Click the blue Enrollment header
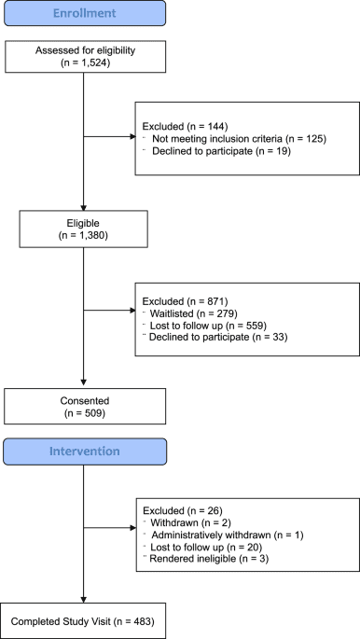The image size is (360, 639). point(85,15)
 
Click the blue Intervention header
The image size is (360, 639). point(85,451)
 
